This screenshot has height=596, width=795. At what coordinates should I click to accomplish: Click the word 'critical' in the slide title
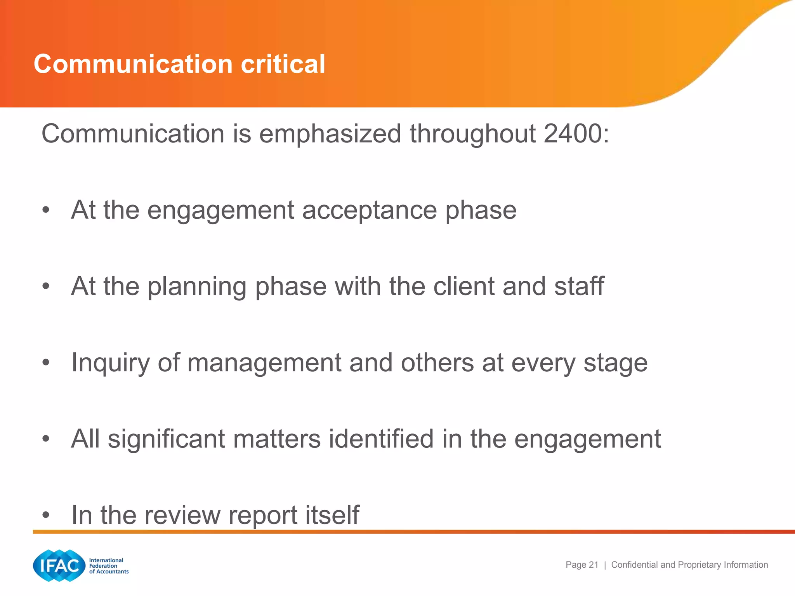pos(283,64)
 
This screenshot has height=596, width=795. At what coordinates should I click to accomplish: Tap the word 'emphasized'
pos(330,134)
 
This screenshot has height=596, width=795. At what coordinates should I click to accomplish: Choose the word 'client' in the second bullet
pos(463,286)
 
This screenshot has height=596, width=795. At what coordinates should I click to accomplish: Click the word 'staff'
pos(579,286)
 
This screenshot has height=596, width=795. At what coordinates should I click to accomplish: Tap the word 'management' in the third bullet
pos(264,363)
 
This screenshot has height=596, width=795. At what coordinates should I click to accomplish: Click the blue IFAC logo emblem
pos(59,565)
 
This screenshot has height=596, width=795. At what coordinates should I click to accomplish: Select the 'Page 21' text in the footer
pos(581,565)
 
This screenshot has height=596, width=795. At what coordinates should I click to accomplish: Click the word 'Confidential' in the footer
pos(635,565)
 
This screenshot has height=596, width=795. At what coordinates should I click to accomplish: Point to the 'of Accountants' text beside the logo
pos(109,572)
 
